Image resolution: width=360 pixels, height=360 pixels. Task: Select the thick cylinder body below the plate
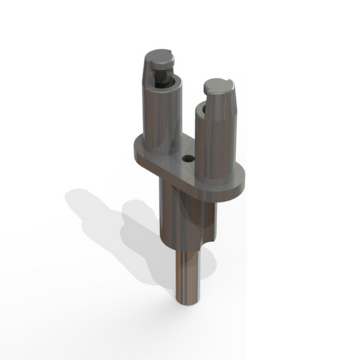179,216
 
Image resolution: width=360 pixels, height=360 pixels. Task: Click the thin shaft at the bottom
187,277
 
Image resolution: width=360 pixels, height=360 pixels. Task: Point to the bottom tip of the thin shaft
188,303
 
